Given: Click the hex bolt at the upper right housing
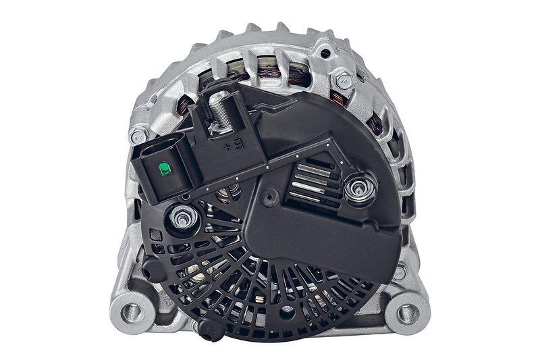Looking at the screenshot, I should pyautogui.click(x=342, y=81).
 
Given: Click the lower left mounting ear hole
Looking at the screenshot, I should pyautogui.click(x=132, y=313).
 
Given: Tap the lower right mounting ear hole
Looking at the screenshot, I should pyautogui.click(x=407, y=313).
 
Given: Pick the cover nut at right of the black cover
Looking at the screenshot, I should pyautogui.click(x=360, y=187).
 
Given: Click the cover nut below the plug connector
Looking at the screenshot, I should pyautogui.click(x=182, y=217).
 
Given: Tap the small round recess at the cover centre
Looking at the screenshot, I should pyautogui.click(x=271, y=197).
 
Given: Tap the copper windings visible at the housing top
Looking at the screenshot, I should pyautogui.click(x=270, y=70).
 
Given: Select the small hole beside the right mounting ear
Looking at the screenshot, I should pyautogui.click(x=400, y=274).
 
